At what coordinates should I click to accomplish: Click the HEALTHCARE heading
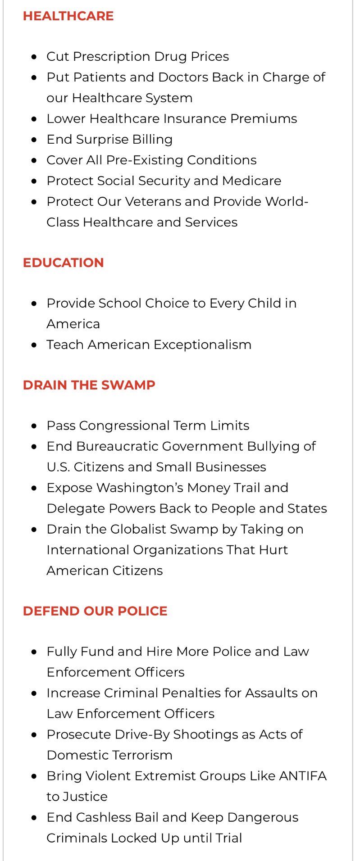pos(68,16)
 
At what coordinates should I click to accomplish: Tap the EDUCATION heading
pos(63,263)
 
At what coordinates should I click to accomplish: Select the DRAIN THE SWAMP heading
pos(89,385)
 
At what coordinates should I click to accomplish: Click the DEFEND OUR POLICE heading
pos(95,611)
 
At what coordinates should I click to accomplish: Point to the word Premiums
pos(264,119)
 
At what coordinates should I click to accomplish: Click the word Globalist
pos(138,530)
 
